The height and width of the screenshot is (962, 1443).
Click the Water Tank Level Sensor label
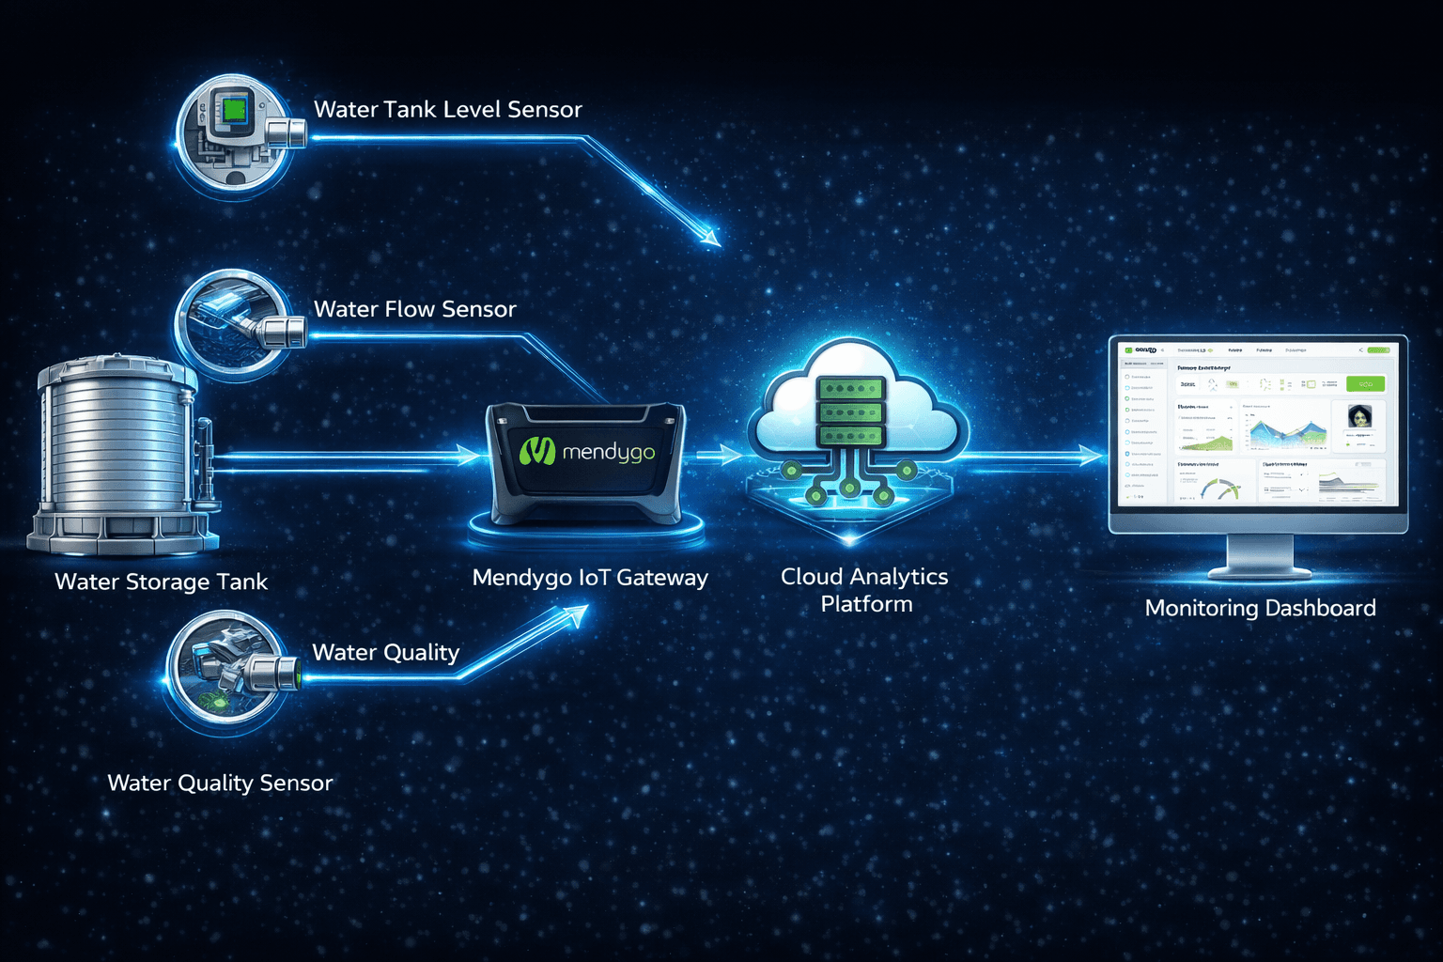click(447, 110)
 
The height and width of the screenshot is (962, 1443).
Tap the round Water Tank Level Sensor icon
click(235, 133)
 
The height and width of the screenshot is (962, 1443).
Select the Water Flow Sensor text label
click(414, 309)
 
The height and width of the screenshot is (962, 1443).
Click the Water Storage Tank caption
click(161, 582)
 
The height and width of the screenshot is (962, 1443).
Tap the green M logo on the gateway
click(537, 452)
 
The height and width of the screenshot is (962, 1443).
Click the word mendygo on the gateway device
click(608, 453)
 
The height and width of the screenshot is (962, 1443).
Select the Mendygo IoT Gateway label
click(589, 578)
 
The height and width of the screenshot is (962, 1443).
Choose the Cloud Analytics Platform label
click(864, 590)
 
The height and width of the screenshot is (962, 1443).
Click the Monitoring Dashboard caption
click(1260, 609)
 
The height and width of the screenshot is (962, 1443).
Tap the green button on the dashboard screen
click(1365, 384)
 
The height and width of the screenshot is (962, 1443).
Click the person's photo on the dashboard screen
click(1359, 416)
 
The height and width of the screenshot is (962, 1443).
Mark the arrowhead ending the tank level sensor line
click(709, 237)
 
